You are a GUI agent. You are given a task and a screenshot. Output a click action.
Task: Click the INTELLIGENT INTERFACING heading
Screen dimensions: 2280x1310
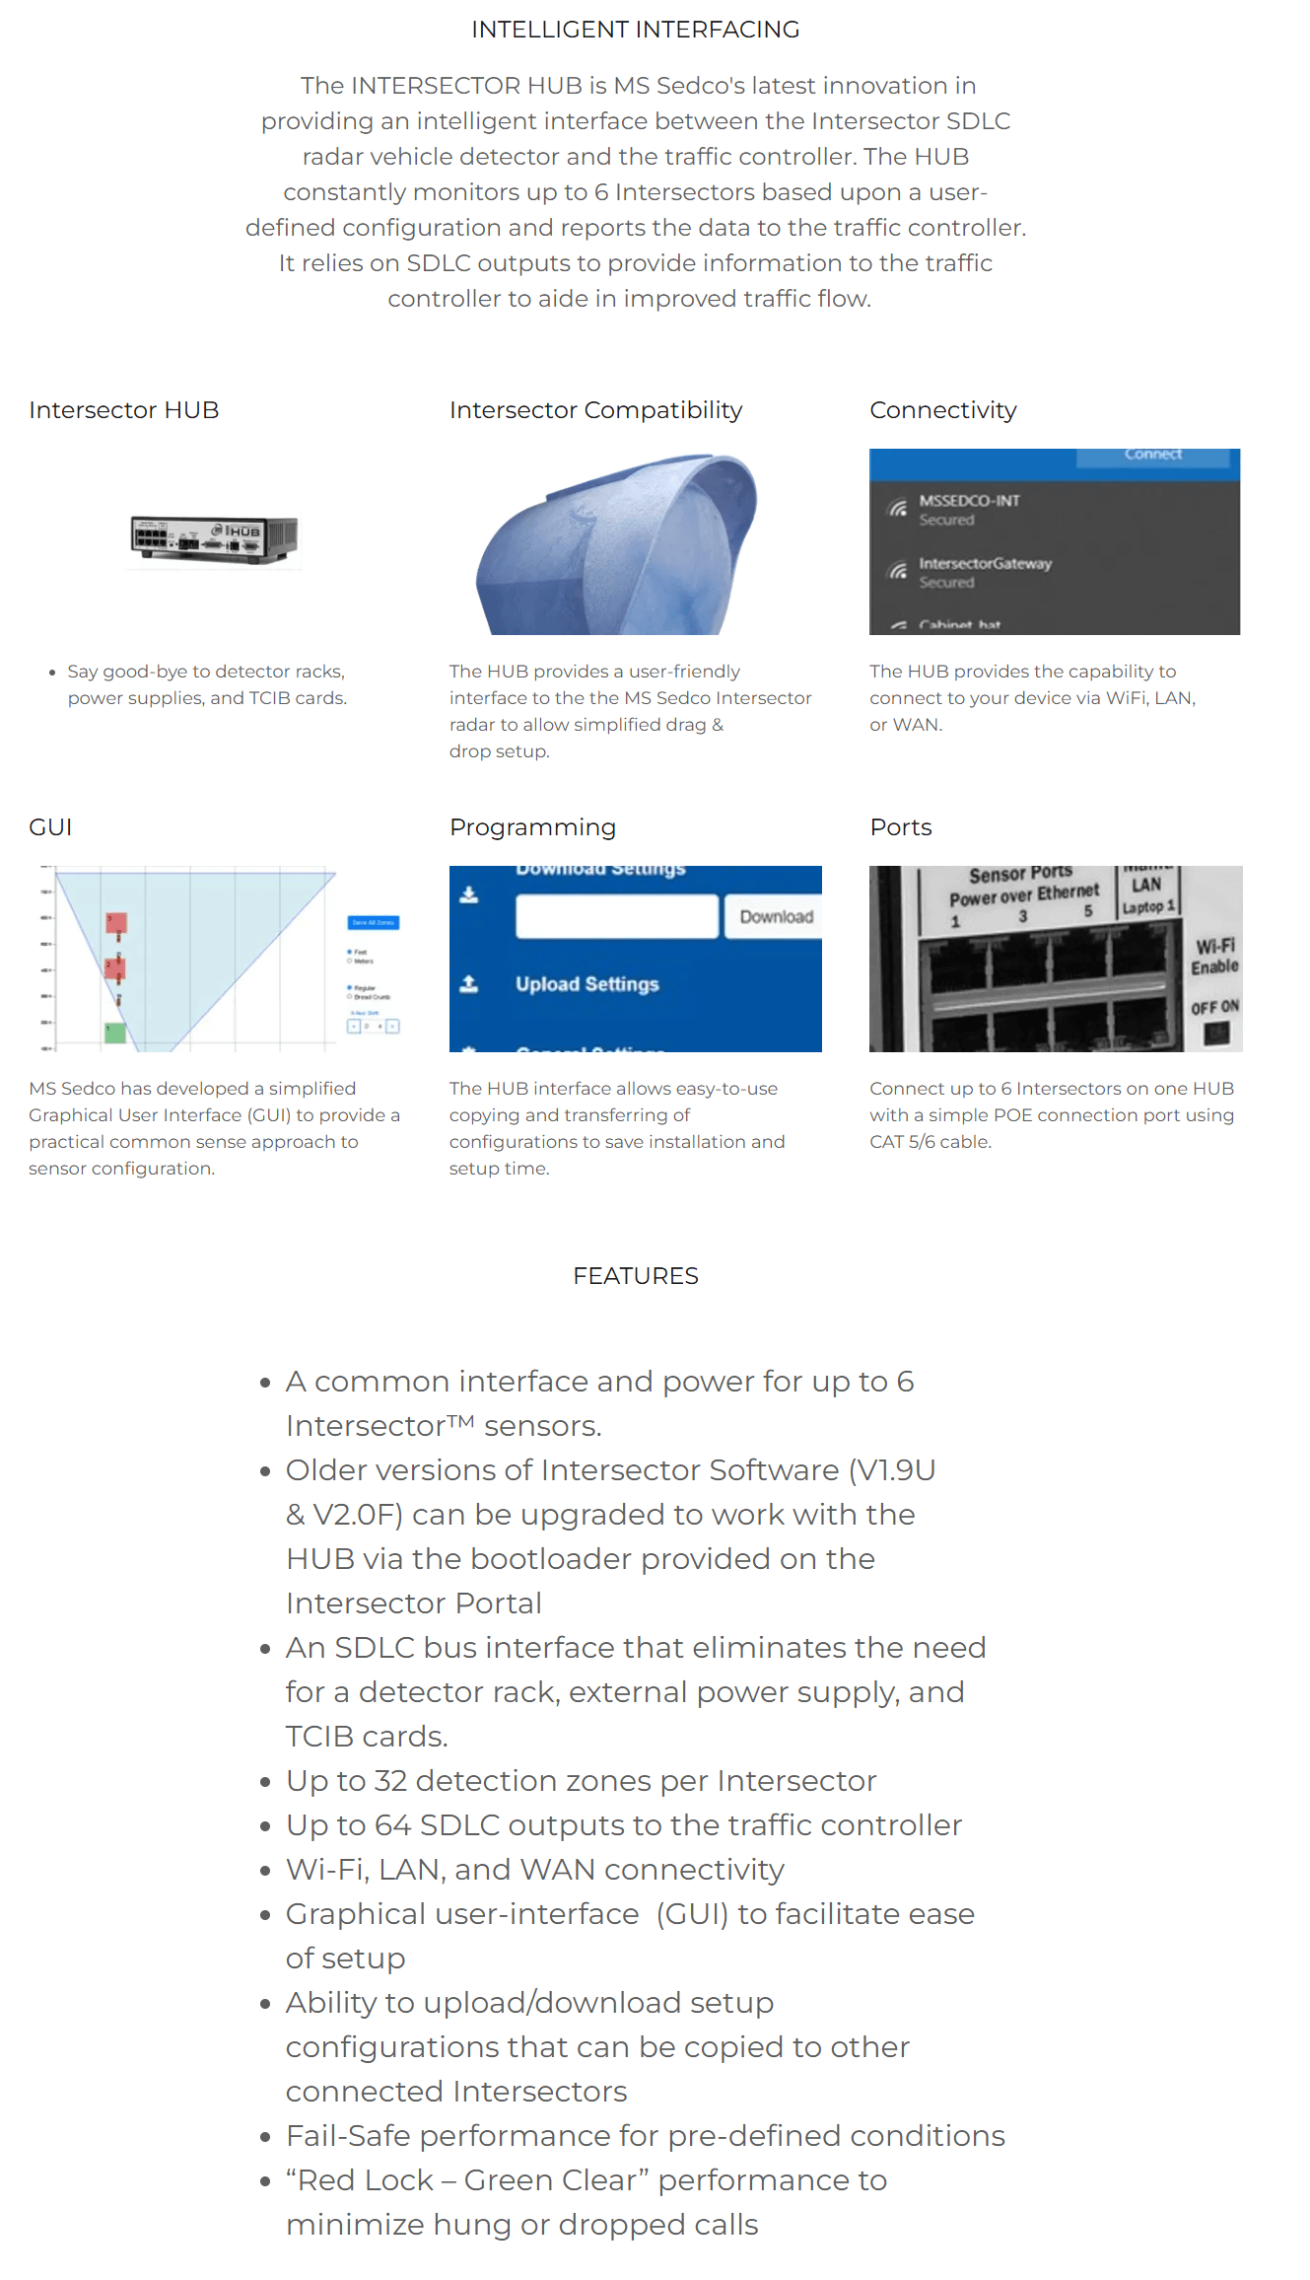point(635,30)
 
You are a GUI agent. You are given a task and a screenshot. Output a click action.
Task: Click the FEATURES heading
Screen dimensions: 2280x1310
point(635,1276)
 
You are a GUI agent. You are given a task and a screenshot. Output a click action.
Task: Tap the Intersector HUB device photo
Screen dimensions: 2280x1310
point(214,538)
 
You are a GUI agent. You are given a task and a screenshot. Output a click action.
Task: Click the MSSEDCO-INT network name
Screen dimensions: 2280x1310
point(969,501)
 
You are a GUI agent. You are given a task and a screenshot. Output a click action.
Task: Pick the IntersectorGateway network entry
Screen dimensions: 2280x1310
point(985,564)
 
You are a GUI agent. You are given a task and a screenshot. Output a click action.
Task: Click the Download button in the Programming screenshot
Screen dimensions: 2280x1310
point(776,917)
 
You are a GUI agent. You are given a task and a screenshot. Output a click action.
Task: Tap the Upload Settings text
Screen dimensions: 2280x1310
point(586,984)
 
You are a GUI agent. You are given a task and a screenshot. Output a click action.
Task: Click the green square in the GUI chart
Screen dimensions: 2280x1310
point(115,1033)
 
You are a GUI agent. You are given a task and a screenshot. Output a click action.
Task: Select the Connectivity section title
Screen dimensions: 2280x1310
point(942,410)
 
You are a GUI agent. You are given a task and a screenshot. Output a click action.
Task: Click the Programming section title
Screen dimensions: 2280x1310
point(532,827)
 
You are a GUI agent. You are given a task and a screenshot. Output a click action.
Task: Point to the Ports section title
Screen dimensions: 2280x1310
point(900,827)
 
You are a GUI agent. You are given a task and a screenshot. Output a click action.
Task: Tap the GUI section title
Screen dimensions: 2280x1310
point(50,827)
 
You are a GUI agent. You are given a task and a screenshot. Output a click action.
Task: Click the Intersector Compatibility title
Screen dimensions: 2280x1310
point(595,410)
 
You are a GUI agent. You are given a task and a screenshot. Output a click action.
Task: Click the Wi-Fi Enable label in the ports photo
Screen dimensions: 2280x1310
point(1214,957)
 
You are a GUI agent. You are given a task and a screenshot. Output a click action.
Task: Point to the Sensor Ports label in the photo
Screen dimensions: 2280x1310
point(1020,875)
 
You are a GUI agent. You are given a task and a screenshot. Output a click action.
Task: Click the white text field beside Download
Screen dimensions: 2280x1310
point(617,917)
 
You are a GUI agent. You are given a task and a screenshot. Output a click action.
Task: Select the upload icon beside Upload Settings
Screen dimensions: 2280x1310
point(469,984)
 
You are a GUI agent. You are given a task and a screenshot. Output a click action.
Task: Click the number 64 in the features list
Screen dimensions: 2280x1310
point(392,1825)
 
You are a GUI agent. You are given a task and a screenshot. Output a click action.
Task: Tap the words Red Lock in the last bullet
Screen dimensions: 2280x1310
point(366,2180)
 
